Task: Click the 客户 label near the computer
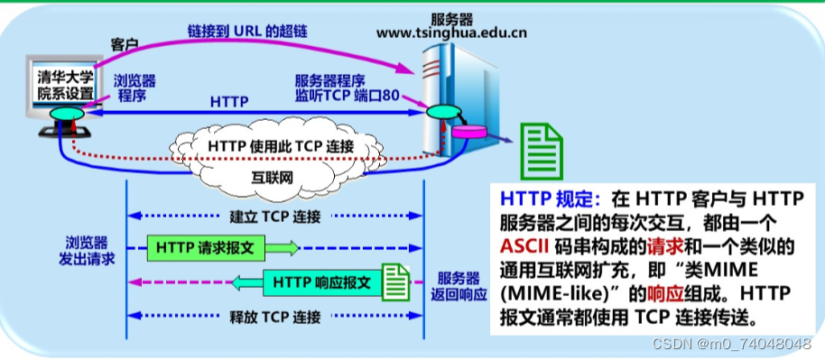coord(124,44)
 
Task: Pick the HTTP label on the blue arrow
coord(229,101)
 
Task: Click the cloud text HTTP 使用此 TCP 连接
coord(281,145)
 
